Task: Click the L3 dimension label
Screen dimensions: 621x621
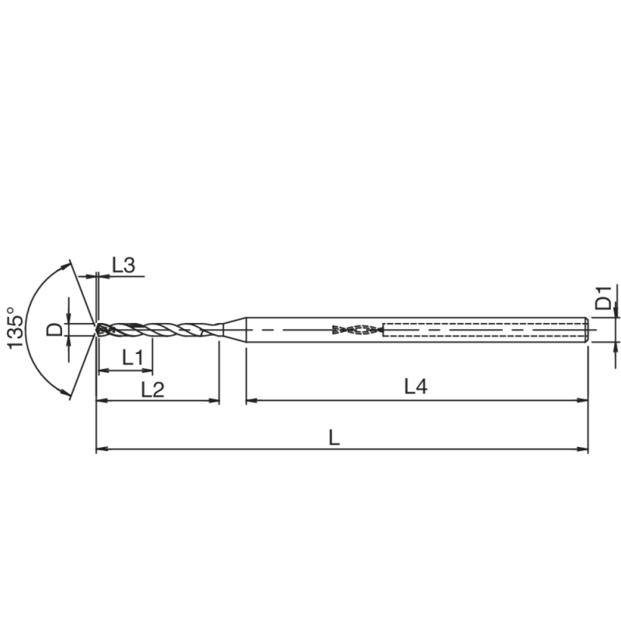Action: (x=123, y=265)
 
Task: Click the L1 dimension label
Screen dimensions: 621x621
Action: (x=134, y=358)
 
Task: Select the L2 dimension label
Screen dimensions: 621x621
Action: (x=152, y=390)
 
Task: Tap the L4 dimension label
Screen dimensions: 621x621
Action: (x=415, y=386)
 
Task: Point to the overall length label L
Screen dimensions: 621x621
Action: (x=334, y=437)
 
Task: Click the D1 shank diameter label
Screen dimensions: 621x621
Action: (x=603, y=299)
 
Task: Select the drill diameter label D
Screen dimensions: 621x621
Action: (x=54, y=330)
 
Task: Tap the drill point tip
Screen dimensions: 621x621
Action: (x=98, y=329)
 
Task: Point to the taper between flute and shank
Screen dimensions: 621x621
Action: (x=233, y=330)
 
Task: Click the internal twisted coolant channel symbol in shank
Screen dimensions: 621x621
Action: (x=357, y=330)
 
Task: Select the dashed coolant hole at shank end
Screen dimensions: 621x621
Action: (x=481, y=330)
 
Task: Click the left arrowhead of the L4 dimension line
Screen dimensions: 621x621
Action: (x=251, y=401)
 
